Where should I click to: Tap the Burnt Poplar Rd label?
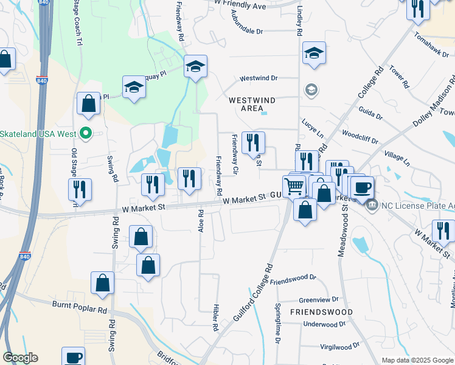[x=80, y=310]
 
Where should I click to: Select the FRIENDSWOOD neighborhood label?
[x=321, y=312]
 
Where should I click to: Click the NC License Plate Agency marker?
[x=372, y=205]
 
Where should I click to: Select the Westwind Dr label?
[x=258, y=78]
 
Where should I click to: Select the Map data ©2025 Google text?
[x=417, y=360]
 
